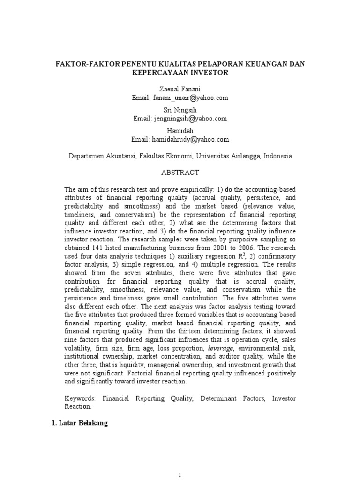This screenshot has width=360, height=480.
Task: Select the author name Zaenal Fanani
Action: tap(180, 89)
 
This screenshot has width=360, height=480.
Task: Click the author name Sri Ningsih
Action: tap(180, 110)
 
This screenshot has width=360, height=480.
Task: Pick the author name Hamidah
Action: tap(180, 131)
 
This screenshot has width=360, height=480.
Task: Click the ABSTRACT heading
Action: tap(180, 172)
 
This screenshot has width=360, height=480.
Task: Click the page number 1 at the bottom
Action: tap(180, 475)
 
